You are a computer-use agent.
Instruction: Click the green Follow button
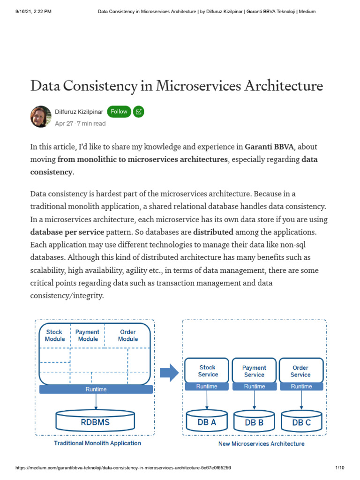click(119, 112)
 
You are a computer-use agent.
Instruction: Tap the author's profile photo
click(41, 117)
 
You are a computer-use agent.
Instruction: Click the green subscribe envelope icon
click(138, 112)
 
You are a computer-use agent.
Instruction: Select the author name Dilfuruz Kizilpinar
click(79, 112)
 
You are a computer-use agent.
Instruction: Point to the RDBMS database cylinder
click(95, 421)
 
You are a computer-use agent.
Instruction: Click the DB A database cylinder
click(207, 421)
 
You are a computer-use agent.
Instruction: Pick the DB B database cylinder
click(254, 421)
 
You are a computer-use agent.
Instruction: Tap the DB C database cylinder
click(301, 421)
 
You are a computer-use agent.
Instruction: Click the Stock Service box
click(208, 371)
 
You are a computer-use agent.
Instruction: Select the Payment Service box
click(254, 371)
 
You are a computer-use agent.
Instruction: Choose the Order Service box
click(300, 371)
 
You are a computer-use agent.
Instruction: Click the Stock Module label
click(54, 335)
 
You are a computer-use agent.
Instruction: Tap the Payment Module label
click(88, 335)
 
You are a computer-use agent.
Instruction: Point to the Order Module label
click(128, 335)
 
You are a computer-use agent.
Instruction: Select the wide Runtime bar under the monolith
click(96, 389)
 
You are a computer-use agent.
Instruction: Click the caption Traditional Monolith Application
click(97, 443)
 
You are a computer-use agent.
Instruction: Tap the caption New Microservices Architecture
click(261, 443)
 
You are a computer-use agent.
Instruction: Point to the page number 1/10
click(340, 468)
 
